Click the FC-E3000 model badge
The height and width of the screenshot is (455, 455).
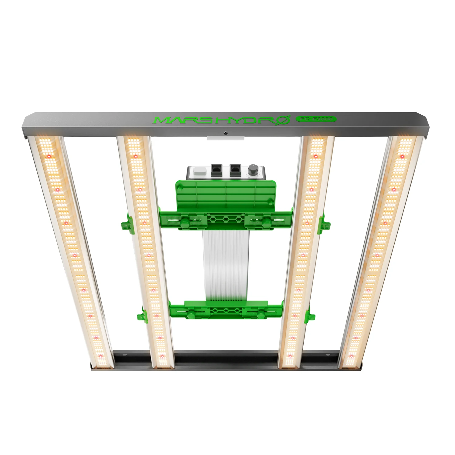coord(316,119)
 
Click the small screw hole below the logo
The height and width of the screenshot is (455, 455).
coord(225,133)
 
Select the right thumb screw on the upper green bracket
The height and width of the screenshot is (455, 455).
coord(267,224)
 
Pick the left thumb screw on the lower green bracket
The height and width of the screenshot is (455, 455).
coord(191,315)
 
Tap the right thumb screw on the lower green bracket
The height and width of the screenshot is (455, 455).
coord(260,315)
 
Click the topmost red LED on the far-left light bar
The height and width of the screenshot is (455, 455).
coord(49,157)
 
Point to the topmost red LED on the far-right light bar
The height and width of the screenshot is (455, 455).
coord(403,157)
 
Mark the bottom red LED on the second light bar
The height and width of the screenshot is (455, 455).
coord(162,356)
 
